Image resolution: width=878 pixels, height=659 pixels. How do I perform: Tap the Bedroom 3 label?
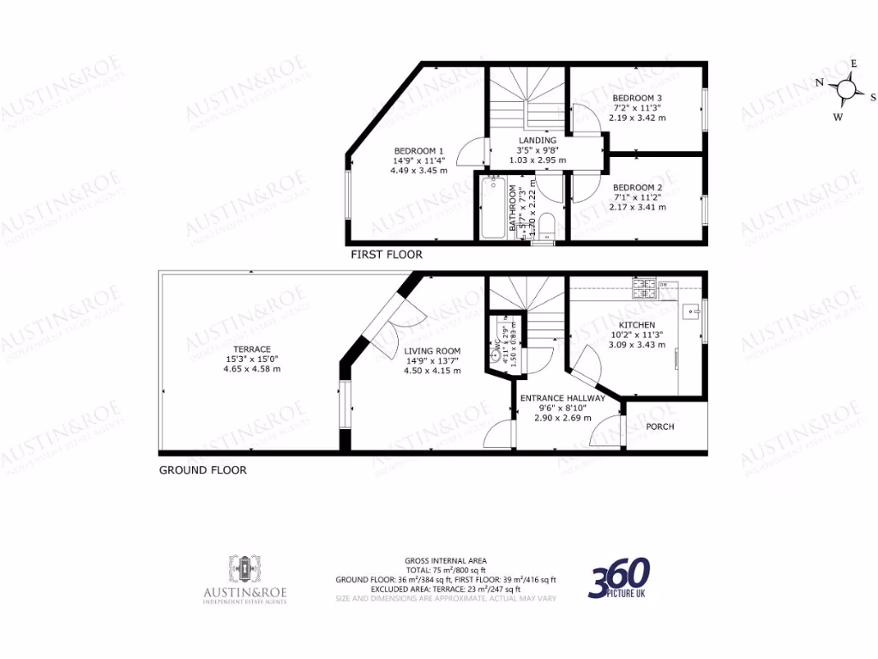pos(637,98)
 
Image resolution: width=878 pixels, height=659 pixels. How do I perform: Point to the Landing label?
pos(538,140)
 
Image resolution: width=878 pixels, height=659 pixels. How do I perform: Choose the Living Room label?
pos(432,351)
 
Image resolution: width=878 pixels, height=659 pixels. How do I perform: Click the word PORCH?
pos(660,426)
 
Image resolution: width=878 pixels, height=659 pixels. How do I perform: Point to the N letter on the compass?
pos(820,82)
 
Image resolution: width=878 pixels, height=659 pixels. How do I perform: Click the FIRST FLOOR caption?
pos(387,255)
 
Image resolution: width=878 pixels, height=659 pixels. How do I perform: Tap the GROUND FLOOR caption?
pos(203,470)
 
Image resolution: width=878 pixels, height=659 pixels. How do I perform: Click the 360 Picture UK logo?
pos(619,577)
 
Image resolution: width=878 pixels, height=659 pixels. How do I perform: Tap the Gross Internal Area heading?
pos(445,561)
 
